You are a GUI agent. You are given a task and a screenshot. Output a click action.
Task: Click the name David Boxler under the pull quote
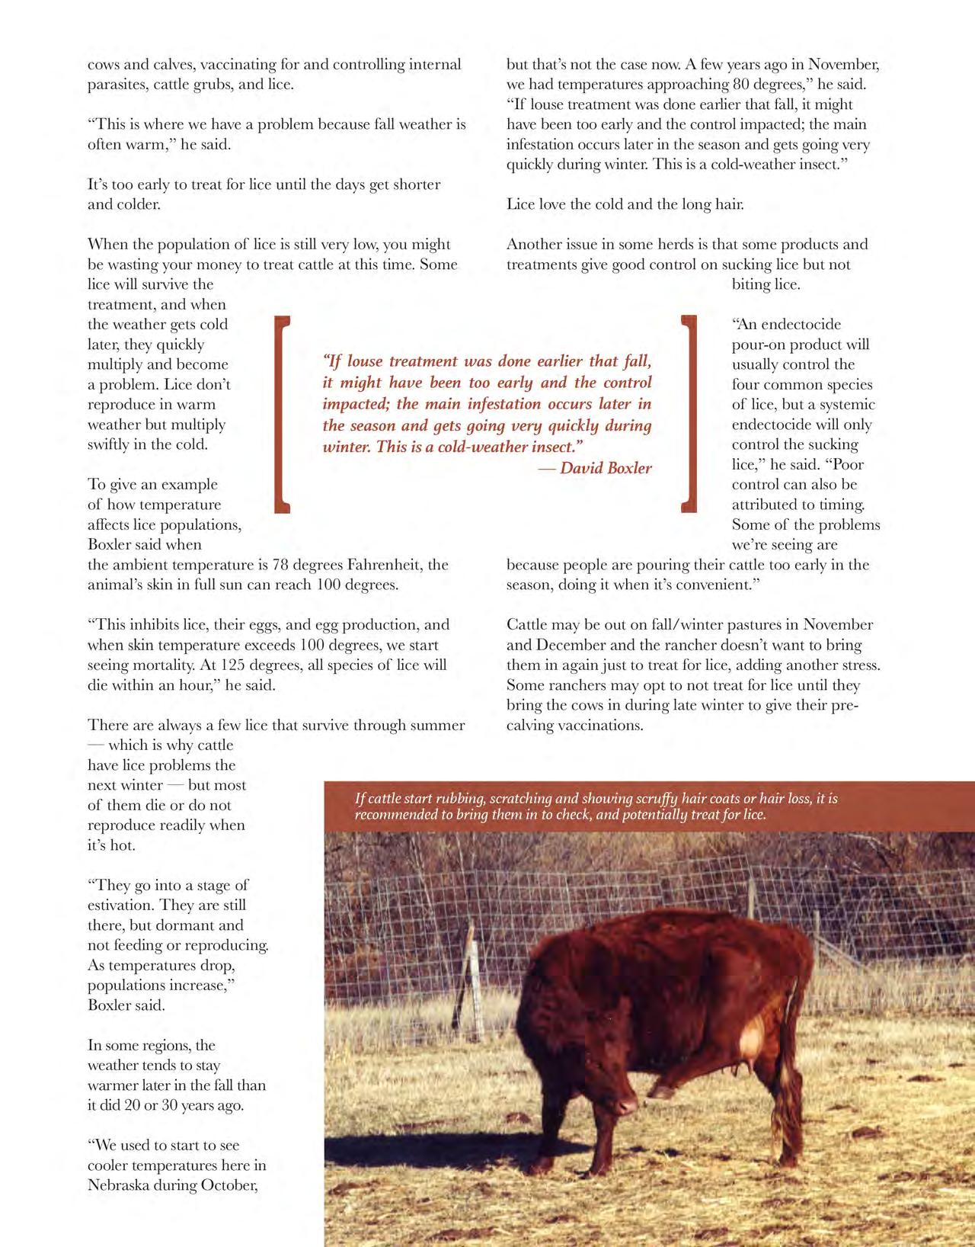click(x=606, y=468)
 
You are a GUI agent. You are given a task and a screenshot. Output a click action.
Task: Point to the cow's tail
click(x=792, y=1029)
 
